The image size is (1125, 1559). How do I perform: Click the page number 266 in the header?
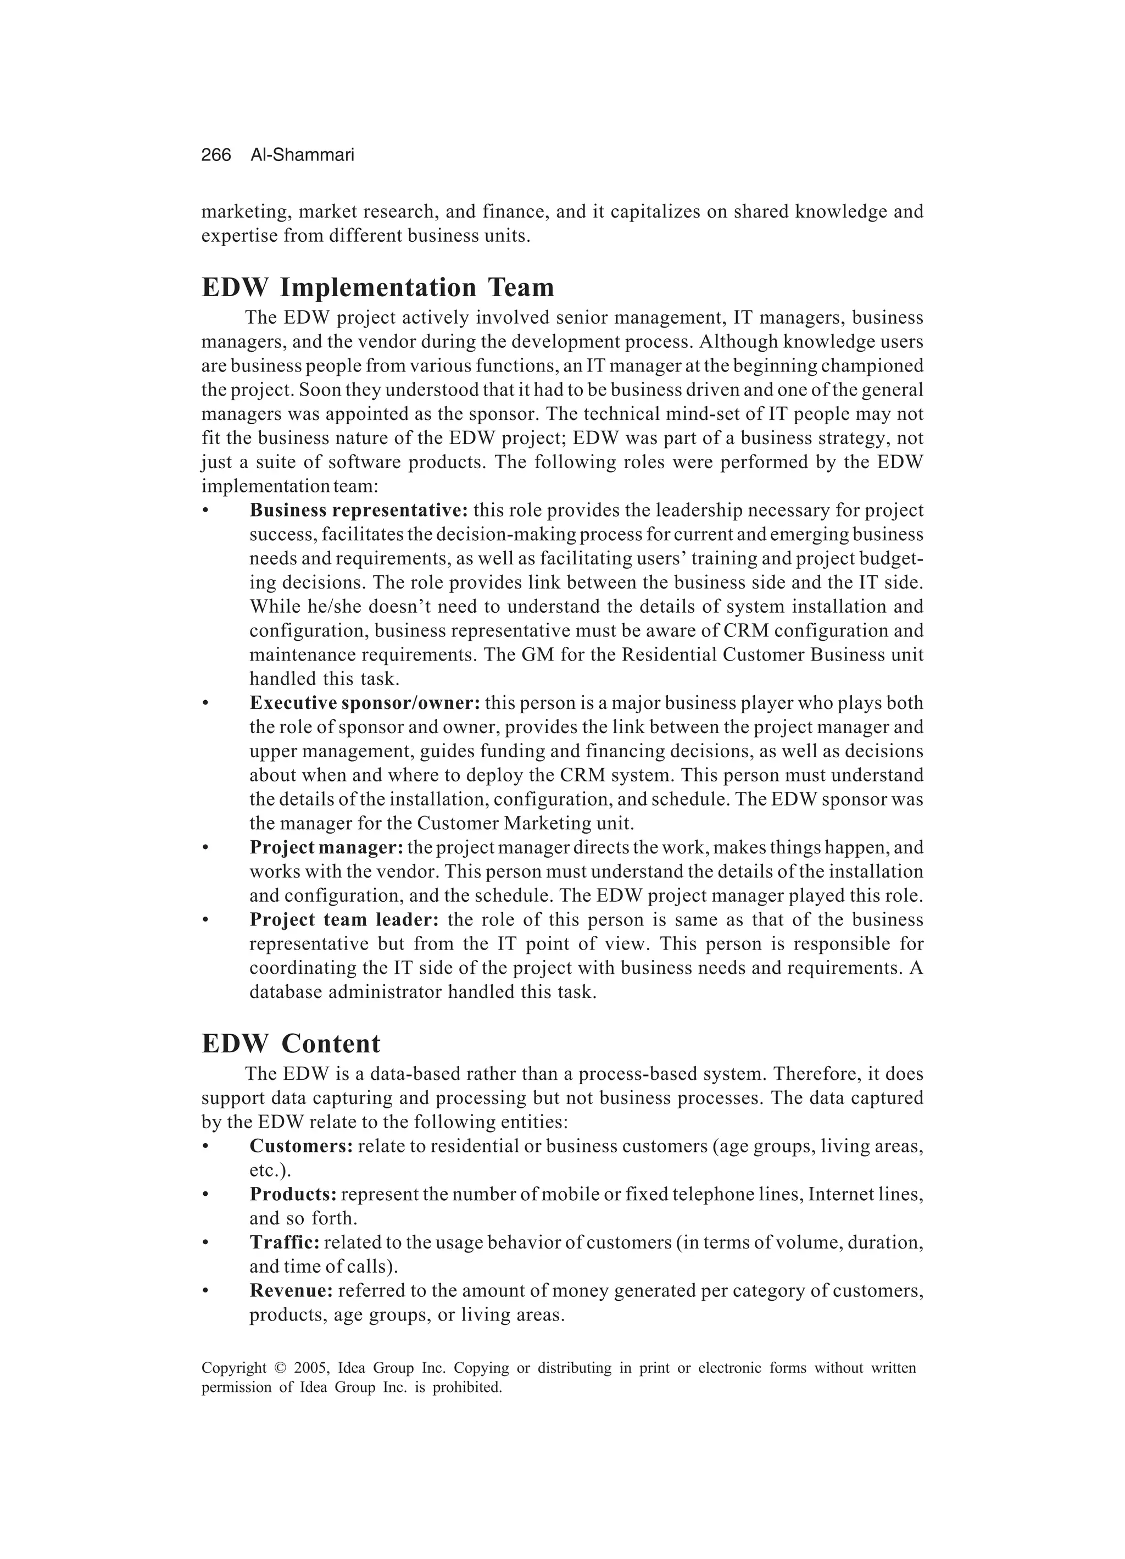click(x=216, y=156)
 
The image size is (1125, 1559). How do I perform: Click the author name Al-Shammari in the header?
click(x=302, y=156)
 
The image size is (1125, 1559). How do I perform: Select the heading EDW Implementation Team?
click(x=377, y=287)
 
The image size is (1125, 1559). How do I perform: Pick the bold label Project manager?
click(x=326, y=847)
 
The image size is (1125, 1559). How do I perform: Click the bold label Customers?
click(x=301, y=1146)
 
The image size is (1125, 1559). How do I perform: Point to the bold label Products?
click(x=293, y=1195)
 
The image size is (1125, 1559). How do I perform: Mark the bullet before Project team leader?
click(x=205, y=920)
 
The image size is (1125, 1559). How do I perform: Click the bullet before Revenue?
click(x=205, y=1291)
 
